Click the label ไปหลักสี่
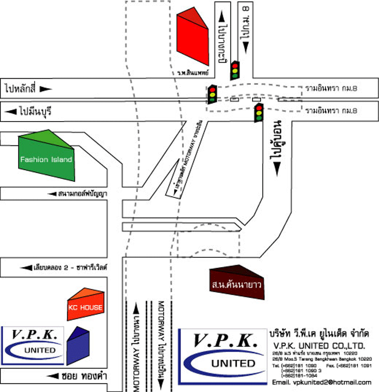(20, 89)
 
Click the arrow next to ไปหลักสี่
(45, 89)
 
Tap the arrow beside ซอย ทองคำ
(51, 376)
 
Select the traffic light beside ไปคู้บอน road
(258, 112)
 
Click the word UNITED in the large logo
(234, 363)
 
